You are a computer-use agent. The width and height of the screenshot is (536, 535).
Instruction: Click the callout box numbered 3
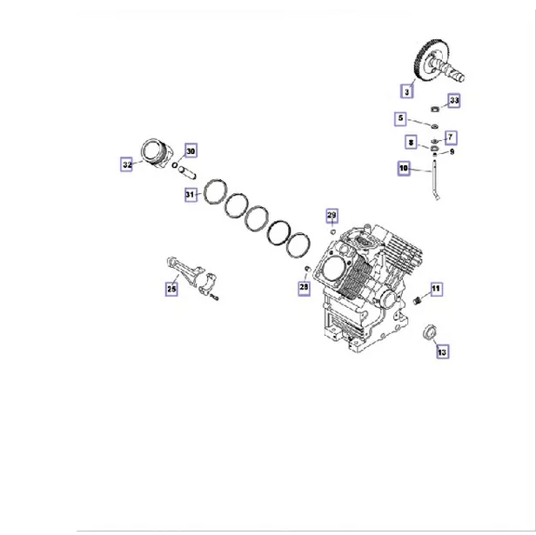pyautogui.click(x=405, y=90)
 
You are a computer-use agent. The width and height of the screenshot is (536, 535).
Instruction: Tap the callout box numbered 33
pyautogui.click(x=453, y=101)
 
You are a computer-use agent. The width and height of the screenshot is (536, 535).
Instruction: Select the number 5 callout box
pyautogui.click(x=401, y=117)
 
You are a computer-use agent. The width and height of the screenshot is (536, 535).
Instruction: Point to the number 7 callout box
pyautogui.click(x=450, y=137)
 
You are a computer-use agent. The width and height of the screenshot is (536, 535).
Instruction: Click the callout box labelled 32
pyautogui.click(x=127, y=163)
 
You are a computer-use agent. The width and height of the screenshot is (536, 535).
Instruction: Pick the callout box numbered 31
pyautogui.click(x=191, y=195)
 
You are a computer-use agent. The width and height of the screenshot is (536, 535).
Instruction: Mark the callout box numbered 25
pyautogui.click(x=171, y=289)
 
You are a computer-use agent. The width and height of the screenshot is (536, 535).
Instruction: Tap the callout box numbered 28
pyautogui.click(x=303, y=286)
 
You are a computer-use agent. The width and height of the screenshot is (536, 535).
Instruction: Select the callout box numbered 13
pyautogui.click(x=441, y=351)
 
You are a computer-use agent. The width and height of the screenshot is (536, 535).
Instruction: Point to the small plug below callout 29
pyautogui.click(x=332, y=232)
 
